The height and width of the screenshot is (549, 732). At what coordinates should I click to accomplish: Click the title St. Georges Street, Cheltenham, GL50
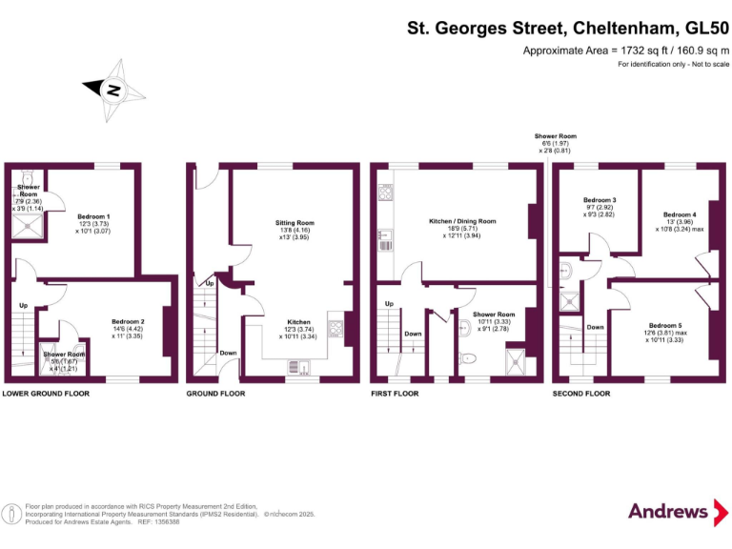tap(568, 30)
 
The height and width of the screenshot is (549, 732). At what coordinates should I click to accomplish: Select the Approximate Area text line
tap(626, 50)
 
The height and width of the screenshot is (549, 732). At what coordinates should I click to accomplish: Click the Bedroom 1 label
tap(94, 216)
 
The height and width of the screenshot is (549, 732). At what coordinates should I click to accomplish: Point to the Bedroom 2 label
tap(128, 322)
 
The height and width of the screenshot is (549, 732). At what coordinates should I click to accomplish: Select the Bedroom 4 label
tap(680, 214)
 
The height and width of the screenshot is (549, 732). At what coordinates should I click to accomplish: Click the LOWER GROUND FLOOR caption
tap(47, 393)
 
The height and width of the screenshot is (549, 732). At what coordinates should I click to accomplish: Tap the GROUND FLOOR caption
tap(215, 393)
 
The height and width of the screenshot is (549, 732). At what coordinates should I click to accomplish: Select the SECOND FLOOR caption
tap(581, 393)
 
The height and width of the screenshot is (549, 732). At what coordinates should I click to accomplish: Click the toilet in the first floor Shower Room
tap(466, 358)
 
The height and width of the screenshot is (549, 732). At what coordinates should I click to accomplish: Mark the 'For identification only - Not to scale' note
tap(673, 64)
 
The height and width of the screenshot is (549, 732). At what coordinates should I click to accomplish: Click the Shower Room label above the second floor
tap(556, 136)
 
